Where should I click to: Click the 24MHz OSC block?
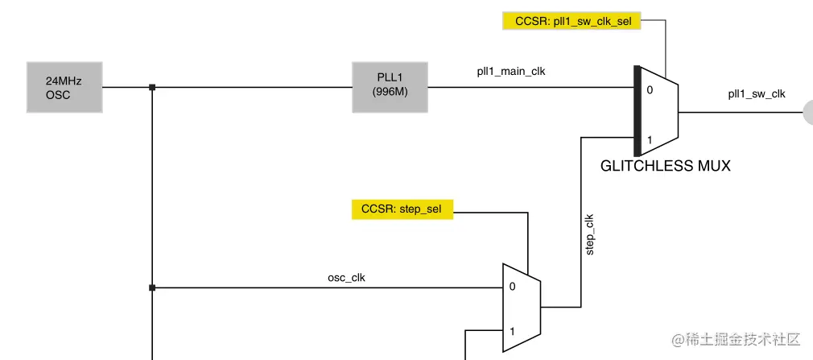[x=64, y=87]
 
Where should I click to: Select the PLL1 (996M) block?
[x=390, y=87]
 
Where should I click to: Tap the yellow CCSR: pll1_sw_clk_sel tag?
[x=572, y=21]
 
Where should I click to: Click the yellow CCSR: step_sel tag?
[x=402, y=209]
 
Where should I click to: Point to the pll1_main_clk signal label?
[x=510, y=71]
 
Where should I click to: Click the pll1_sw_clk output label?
[x=756, y=93]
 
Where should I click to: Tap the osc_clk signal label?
[x=347, y=278]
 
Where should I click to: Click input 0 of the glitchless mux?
[x=650, y=90]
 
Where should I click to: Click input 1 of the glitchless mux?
[x=650, y=139]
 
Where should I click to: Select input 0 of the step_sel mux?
[x=512, y=287]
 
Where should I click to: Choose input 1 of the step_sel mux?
[x=512, y=331]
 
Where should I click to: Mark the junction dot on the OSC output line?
[x=152, y=87]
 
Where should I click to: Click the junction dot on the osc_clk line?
[x=152, y=287]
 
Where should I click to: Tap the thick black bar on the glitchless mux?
[x=637, y=110]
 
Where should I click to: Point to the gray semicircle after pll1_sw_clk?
[x=807, y=113]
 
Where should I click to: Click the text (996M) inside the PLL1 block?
[x=390, y=93]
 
